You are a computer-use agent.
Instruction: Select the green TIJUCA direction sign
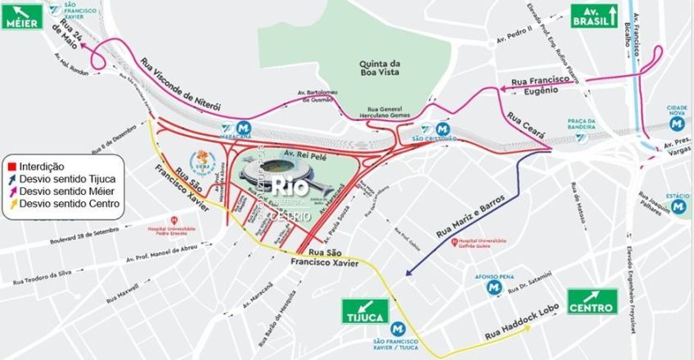coord(364,312)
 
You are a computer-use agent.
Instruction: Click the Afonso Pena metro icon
coord(493,288)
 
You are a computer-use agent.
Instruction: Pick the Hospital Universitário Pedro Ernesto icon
coord(174,220)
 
